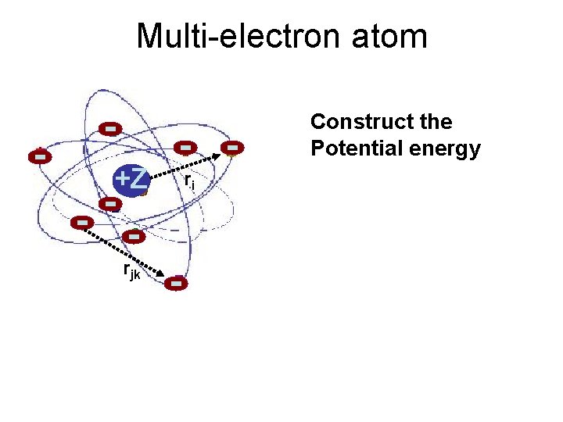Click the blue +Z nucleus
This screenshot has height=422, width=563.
click(x=130, y=181)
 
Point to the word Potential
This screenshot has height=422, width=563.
click(x=353, y=148)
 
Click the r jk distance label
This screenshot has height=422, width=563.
click(x=132, y=271)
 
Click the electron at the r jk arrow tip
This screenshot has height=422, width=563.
click(x=177, y=284)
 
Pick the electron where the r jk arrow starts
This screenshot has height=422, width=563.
click(x=81, y=223)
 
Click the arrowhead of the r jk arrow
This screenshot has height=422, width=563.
click(x=161, y=274)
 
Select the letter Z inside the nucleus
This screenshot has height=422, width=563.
click(x=138, y=179)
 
